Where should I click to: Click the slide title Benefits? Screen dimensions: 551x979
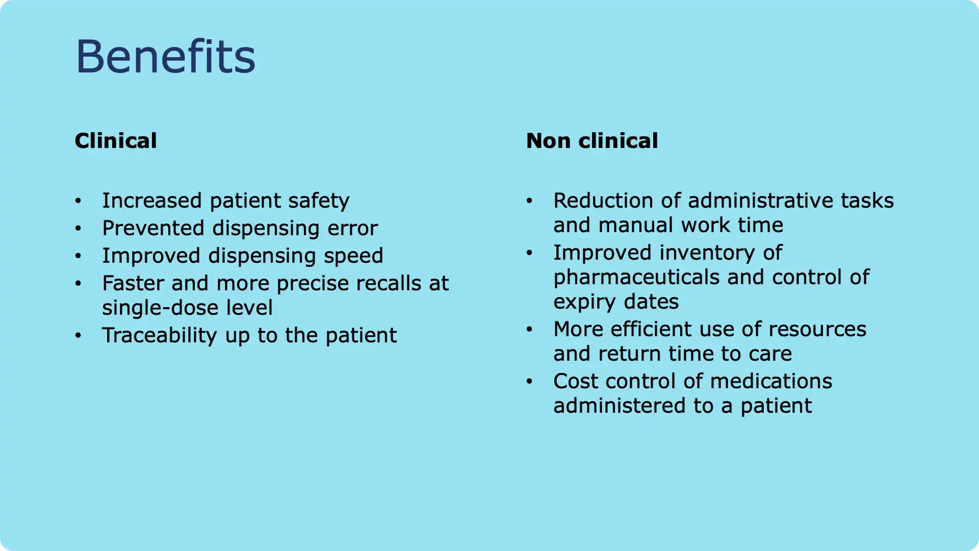point(165,56)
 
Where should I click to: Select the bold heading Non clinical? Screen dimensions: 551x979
point(591,141)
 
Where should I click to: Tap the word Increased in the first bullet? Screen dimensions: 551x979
point(151,201)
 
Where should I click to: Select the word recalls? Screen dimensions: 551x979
point(389,283)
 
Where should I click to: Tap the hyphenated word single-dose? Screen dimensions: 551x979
point(159,308)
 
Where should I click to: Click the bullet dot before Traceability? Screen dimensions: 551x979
point(78,336)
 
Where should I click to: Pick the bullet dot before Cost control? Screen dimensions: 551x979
point(529,382)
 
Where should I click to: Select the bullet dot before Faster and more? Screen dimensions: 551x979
point(78,284)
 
